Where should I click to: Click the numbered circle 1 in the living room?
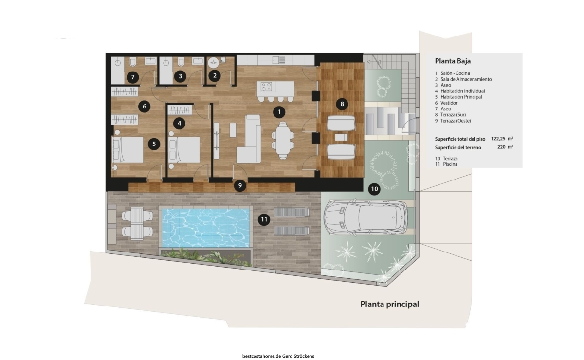click(279, 112)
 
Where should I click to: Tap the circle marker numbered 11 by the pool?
click(264, 219)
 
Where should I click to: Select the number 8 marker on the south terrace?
click(342, 104)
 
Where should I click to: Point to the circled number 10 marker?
click(374, 189)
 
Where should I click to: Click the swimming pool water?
click(206, 228)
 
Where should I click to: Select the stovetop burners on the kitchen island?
click(266, 87)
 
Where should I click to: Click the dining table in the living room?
click(283, 141)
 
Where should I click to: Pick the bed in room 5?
click(128, 150)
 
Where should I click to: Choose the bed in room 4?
click(184, 150)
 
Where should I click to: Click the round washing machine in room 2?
click(213, 63)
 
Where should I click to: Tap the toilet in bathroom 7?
click(133, 62)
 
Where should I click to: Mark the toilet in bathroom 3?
click(181, 62)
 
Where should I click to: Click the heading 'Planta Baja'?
click(453, 61)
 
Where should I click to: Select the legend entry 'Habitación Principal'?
click(461, 97)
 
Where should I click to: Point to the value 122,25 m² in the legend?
click(502, 139)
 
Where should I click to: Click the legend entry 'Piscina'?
click(450, 164)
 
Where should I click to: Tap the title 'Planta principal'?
click(389, 304)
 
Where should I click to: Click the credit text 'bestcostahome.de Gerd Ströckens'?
click(278, 356)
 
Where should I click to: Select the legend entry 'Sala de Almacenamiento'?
click(466, 79)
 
